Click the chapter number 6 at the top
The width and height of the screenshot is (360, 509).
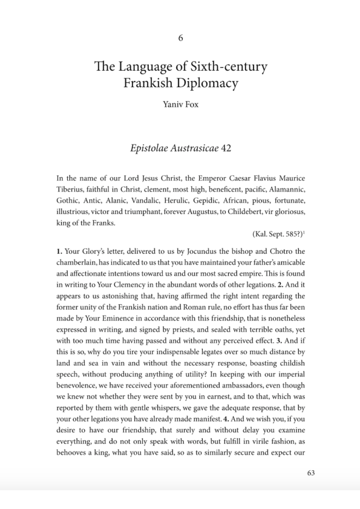pos(180,38)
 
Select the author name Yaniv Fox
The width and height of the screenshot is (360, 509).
pos(180,104)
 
